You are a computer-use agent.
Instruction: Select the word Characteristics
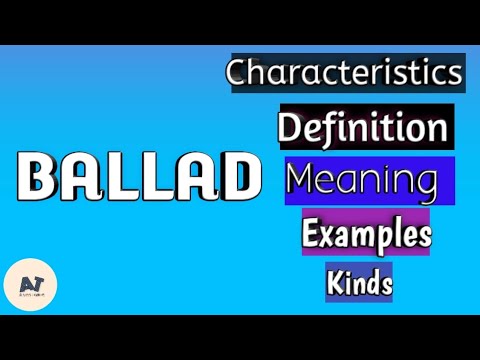point(345,73)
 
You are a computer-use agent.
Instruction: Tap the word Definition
point(361,128)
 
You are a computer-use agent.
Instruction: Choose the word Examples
point(367,236)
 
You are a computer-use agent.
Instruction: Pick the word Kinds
point(358,283)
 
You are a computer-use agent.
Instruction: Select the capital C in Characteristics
point(238,73)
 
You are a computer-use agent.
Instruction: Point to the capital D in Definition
point(291,129)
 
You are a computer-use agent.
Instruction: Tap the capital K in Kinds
point(334,283)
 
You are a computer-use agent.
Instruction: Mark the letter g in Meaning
point(428,186)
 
